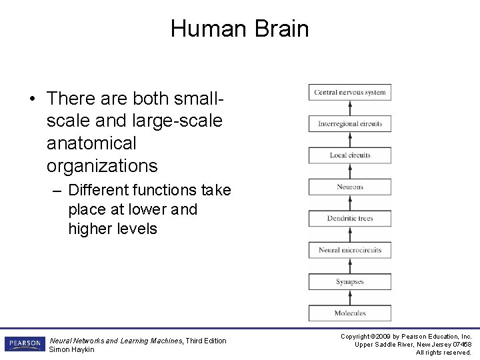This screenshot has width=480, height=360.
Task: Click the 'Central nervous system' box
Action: click(x=349, y=92)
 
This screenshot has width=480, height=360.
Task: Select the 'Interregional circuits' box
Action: click(x=349, y=123)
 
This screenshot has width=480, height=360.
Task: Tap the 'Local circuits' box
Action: click(x=349, y=155)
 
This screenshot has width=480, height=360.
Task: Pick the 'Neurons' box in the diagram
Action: click(x=349, y=187)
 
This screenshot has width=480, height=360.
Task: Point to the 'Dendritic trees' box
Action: click(x=349, y=218)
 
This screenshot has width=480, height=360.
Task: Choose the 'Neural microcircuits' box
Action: click(x=349, y=250)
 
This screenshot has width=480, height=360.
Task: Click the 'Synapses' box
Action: click(x=349, y=281)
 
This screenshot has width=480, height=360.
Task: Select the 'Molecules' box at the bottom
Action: click(x=349, y=313)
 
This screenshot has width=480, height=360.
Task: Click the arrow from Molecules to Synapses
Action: click(x=349, y=297)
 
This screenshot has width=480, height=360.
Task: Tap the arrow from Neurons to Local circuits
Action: click(x=349, y=171)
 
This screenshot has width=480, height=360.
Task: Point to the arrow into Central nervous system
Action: click(x=349, y=108)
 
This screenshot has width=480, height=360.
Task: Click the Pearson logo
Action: click(x=25, y=343)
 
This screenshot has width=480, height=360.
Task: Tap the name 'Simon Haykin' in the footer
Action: click(x=72, y=349)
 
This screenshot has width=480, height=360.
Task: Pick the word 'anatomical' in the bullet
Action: click(x=91, y=143)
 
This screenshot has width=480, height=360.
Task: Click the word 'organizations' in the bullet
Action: click(x=102, y=166)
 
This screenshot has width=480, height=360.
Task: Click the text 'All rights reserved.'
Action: click(x=443, y=352)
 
